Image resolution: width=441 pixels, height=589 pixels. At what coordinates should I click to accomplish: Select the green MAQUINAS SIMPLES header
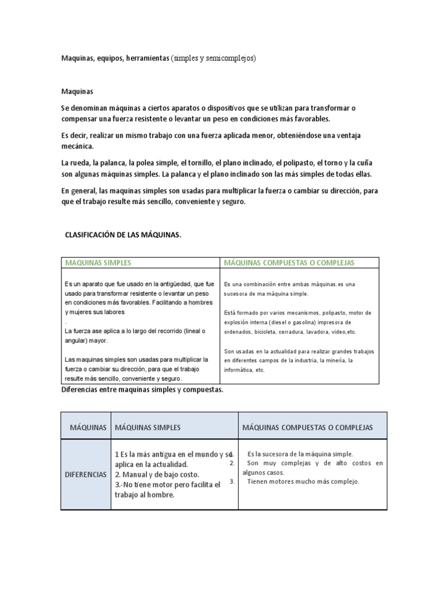click(x=98, y=263)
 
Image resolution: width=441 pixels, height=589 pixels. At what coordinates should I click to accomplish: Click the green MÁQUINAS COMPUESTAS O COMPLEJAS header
click(x=289, y=263)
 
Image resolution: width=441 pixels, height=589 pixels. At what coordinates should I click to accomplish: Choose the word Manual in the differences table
click(x=136, y=475)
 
